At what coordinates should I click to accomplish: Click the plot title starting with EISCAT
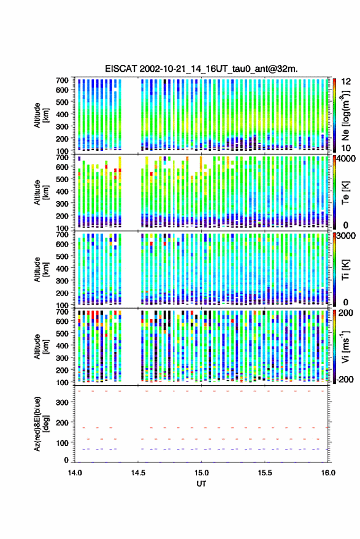click(201, 69)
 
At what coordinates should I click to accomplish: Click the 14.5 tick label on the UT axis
click(138, 473)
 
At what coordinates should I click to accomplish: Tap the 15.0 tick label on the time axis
click(201, 473)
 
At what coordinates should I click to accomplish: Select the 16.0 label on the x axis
click(328, 473)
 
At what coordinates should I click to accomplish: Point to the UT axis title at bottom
click(201, 484)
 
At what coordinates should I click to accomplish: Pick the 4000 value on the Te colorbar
click(347, 158)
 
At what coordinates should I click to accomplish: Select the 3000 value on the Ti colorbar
click(347, 235)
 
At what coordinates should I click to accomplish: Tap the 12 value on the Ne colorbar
click(346, 82)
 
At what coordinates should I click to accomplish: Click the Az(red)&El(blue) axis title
click(41, 424)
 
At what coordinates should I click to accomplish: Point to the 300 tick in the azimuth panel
click(62, 402)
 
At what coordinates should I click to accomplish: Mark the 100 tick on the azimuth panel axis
click(62, 443)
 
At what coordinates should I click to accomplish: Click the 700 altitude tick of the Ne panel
click(62, 80)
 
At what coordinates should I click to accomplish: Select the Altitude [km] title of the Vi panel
click(41, 346)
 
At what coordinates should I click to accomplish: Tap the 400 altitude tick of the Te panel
click(62, 191)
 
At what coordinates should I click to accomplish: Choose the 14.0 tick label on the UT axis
click(75, 473)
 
